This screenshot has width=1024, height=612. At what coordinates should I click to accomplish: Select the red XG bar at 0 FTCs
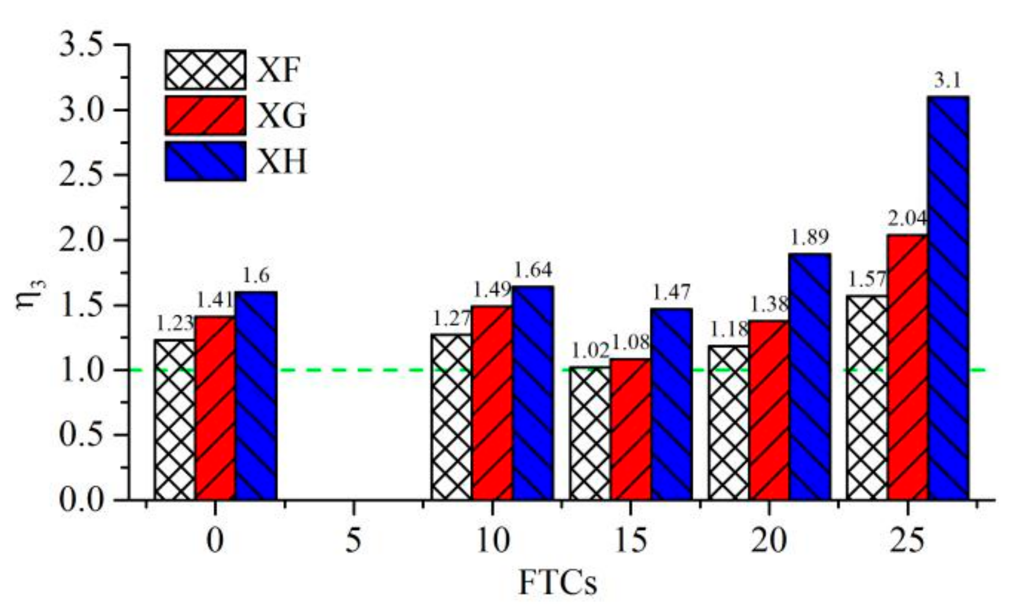215,408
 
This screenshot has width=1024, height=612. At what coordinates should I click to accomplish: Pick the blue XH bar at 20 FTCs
810,376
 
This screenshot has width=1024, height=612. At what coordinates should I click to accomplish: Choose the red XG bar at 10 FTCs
492,402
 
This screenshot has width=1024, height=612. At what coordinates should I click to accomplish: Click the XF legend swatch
205,69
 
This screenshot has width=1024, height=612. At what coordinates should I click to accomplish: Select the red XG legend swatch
205,115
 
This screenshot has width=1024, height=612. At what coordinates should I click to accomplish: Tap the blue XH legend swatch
205,161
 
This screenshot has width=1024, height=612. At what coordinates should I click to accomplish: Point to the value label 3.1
948,82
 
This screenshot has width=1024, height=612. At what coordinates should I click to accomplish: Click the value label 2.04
908,219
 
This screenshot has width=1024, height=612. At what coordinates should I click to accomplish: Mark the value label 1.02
589,351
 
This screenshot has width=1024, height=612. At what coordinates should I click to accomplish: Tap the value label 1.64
533,271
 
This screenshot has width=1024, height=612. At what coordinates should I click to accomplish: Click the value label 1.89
810,238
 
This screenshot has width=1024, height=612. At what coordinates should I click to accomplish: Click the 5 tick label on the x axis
353,541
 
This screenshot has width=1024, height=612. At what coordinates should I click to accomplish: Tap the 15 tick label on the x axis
630,541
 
